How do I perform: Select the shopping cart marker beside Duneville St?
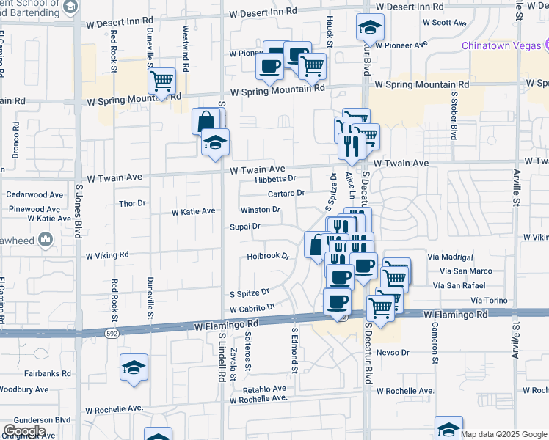coord(161,82)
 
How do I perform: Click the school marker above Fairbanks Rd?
coord(134,369)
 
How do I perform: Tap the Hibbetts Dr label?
coord(275,179)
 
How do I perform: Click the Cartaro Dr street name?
coord(286,194)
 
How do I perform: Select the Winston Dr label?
coord(261,210)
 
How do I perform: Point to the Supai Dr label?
coord(245,227)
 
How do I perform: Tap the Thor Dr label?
coord(132,203)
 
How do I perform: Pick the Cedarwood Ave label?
coord(34,195)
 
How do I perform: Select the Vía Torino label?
coord(489,301)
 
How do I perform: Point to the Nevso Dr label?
coord(393,353)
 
